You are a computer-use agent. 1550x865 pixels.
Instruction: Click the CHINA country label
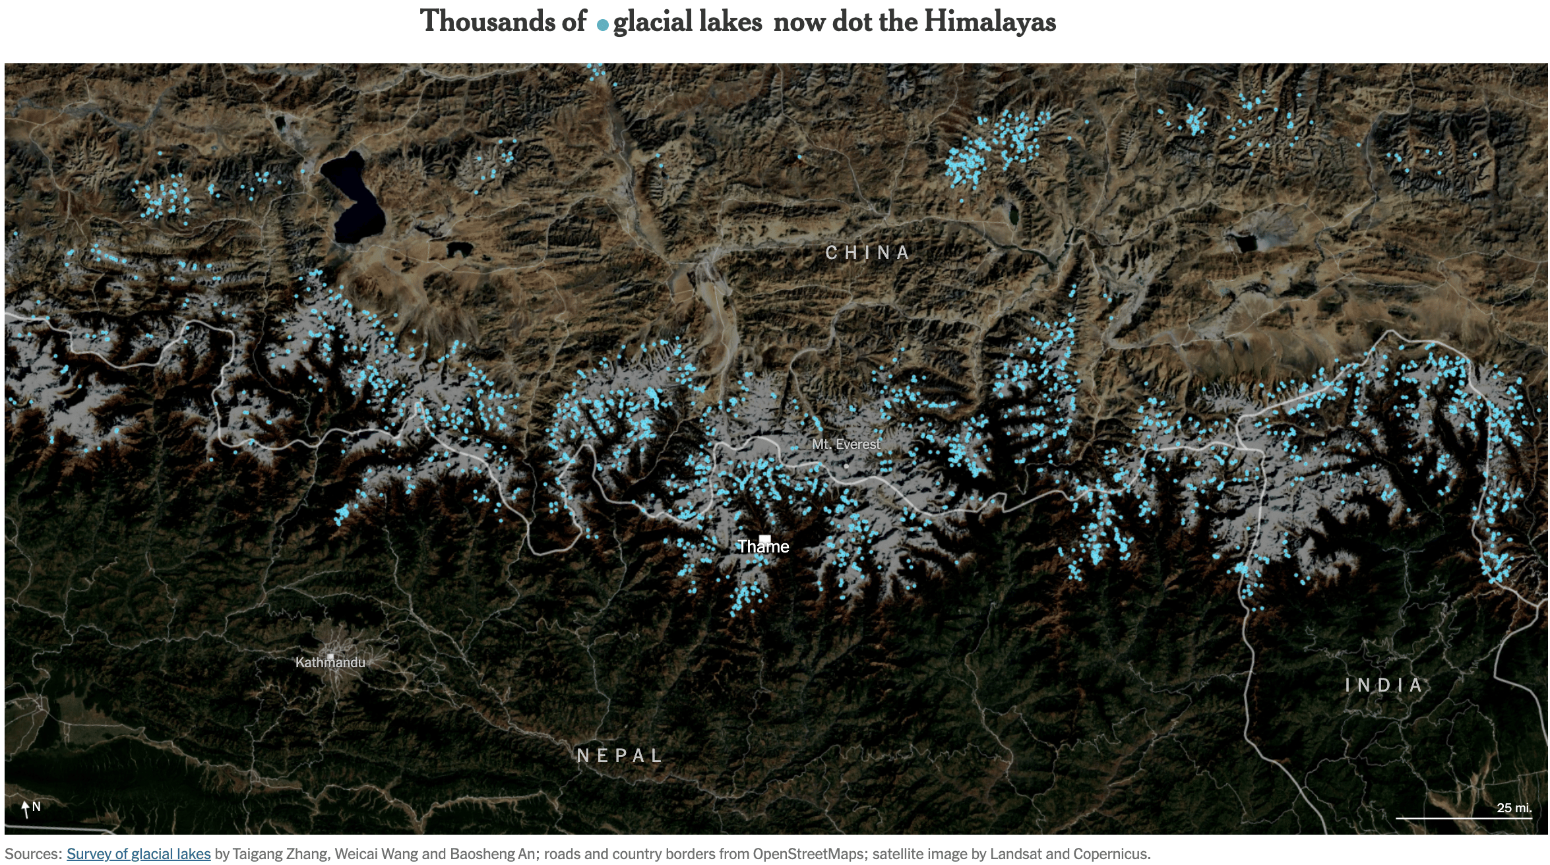coord(867,253)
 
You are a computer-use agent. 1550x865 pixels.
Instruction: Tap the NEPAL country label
coord(619,756)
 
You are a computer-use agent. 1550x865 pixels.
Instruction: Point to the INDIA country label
coord(1383,685)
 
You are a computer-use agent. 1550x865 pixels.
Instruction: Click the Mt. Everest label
coord(846,444)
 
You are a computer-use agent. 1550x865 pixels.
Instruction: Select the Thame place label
coord(763,547)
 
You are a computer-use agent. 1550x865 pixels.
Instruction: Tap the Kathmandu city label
coord(330,663)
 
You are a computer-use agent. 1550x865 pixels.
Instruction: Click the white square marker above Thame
coord(764,539)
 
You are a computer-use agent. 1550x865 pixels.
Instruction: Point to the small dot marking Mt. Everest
coord(846,465)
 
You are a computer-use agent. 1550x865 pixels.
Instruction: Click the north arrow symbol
coord(26,808)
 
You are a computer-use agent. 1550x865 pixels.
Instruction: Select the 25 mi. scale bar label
coord(1514,808)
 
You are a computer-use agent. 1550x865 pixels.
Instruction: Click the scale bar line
coord(1463,818)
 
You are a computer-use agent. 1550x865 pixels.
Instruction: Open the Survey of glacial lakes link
coord(139,854)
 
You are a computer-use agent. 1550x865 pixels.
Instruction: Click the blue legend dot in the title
coord(602,25)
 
